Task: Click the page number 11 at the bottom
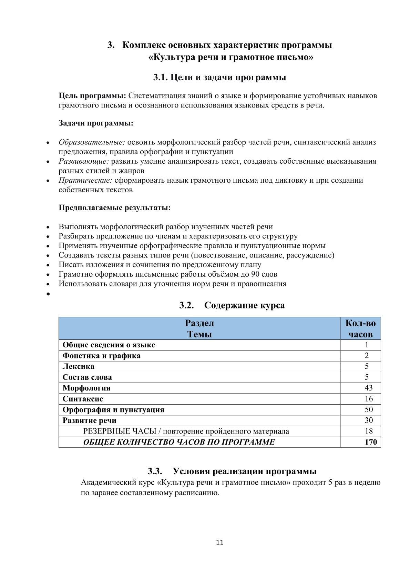click(220, 542)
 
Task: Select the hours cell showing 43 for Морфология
click(368, 388)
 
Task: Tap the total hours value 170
click(371, 442)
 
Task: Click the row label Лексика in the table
click(78, 366)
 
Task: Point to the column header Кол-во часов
click(360, 328)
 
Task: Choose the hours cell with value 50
click(368, 409)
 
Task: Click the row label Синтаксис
click(83, 399)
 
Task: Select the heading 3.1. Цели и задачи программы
click(219, 77)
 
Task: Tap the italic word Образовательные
click(92, 142)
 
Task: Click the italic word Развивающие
click(84, 161)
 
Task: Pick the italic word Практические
click(85, 180)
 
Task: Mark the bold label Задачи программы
click(96, 123)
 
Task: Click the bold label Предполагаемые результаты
click(114, 207)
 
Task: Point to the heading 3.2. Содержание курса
click(232, 305)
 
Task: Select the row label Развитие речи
click(89, 420)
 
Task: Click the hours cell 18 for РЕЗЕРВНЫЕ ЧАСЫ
click(368, 431)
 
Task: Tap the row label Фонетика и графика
click(101, 356)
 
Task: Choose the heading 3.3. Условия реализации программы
click(232, 471)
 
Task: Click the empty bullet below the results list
click(49, 294)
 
